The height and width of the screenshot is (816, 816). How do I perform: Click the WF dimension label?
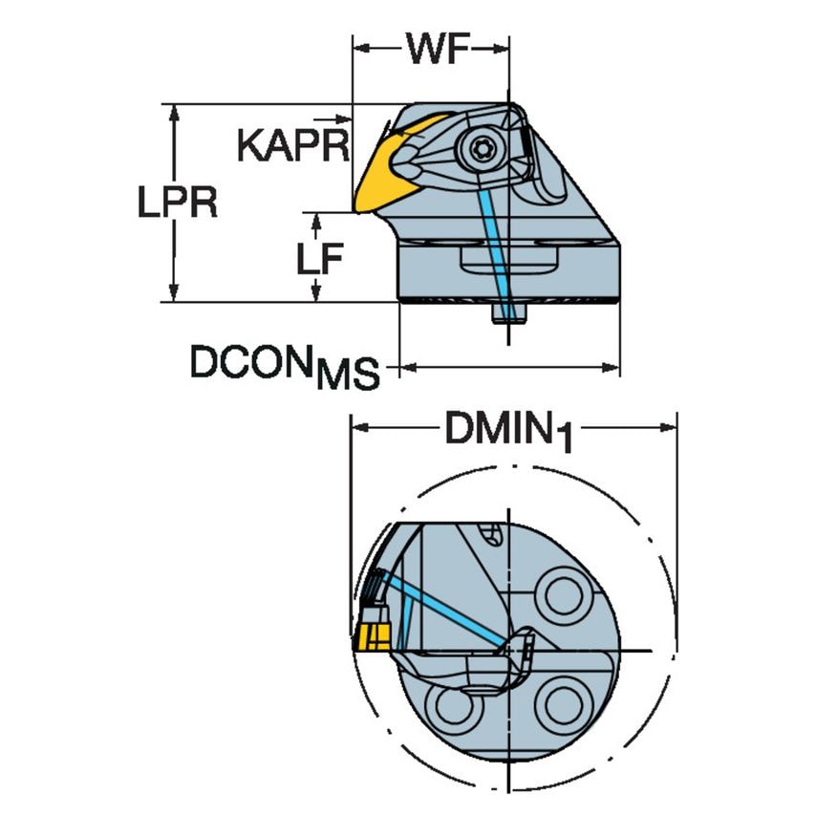pos(433,49)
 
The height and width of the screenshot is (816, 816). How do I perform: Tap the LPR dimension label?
pos(175,204)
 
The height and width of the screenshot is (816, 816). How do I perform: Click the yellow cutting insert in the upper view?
pos(382,177)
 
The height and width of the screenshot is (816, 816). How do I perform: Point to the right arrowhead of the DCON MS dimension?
pos(613,366)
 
